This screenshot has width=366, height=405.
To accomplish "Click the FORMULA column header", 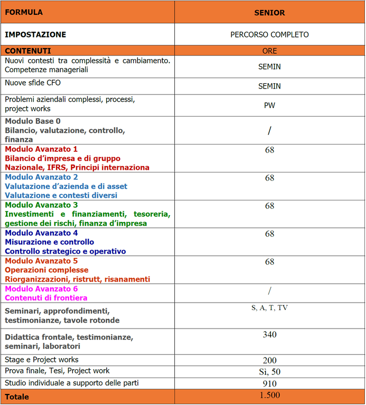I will pyautogui.click(x=24, y=12).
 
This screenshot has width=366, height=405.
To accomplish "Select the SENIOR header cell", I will pyautogui.click(x=269, y=13).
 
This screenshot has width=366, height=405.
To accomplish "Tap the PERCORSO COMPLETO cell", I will pyautogui.click(x=269, y=35).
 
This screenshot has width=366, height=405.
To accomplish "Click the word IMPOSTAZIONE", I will pyautogui.click(x=35, y=35).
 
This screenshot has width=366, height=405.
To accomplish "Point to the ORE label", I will pyautogui.click(x=269, y=51).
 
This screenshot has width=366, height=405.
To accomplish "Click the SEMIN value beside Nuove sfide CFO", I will pyautogui.click(x=269, y=86).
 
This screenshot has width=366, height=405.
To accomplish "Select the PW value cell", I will pyautogui.click(x=269, y=105).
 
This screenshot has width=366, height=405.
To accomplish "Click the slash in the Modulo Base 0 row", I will pyautogui.click(x=269, y=131).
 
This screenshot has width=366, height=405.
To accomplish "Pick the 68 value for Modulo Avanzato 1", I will pyautogui.click(x=269, y=150).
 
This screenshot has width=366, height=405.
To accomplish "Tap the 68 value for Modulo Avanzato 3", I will pyautogui.click(x=269, y=206).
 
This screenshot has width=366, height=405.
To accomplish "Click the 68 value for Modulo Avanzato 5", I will pyautogui.click(x=269, y=262).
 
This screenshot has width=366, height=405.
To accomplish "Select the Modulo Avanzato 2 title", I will pyautogui.click(x=41, y=177).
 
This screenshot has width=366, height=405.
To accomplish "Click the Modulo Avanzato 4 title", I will pyautogui.click(x=41, y=233).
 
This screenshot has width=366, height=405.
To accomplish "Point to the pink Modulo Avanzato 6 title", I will pyautogui.click(x=41, y=289).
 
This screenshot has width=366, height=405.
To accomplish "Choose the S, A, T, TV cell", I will pyautogui.click(x=269, y=308).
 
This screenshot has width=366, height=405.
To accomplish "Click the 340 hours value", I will pyautogui.click(x=269, y=334).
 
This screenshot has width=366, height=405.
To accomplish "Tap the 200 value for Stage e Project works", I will pyautogui.click(x=269, y=361).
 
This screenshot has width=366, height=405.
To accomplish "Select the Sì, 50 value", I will pyautogui.click(x=269, y=372).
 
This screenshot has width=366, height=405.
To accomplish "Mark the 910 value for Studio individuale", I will pyautogui.click(x=269, y=383).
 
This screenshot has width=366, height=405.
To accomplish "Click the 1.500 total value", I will pyautogui.click(x=269, y=396).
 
